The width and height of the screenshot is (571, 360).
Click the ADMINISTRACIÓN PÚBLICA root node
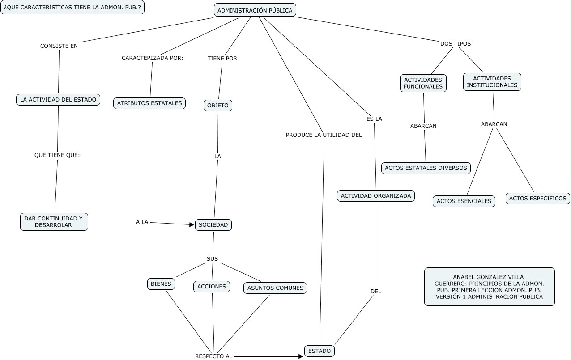coord(255,10)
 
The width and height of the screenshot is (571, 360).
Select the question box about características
coord(72,8)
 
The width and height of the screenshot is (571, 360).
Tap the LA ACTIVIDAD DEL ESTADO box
coord(58,100)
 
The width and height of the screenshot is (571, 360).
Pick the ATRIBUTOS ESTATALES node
coord(149,103)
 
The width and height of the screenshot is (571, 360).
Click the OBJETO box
coord(218,106)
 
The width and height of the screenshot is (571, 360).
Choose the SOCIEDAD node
coord(213,224)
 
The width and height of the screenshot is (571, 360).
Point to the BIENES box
coord(161,284)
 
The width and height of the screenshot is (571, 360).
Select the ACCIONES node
coord(212,287)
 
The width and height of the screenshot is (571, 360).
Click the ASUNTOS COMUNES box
coord(275,288)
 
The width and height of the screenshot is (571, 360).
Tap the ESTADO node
coord(320,351)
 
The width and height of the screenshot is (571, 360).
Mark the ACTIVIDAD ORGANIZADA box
coord(376,195)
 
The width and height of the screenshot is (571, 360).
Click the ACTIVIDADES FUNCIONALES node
coord(423,83)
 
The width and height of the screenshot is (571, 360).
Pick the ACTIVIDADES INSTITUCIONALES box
coord(492,82)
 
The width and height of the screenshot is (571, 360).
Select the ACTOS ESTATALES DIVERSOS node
coord(426,168)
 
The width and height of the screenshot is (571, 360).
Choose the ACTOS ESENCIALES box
coord(464,201)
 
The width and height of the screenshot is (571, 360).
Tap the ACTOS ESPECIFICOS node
coord(537,198)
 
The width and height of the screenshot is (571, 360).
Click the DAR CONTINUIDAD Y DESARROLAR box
coord(54,222)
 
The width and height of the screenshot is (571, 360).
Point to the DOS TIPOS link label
coord(456,44)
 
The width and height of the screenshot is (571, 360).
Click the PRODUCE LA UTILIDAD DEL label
coord(324,135)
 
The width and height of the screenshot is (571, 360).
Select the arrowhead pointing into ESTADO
coord(301,356)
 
